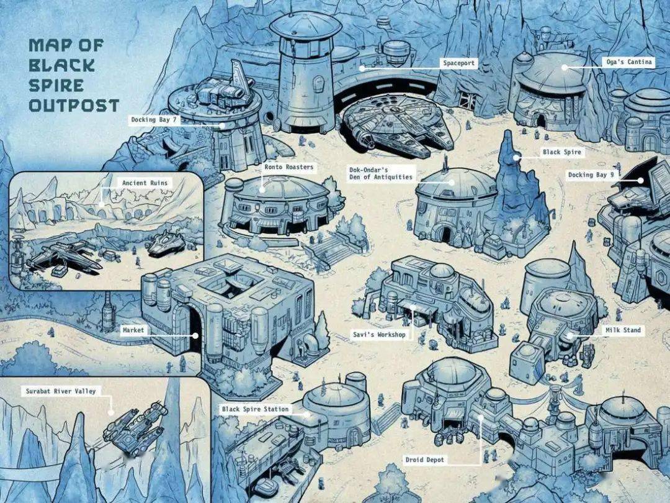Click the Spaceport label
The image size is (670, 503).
(x=458, y=63)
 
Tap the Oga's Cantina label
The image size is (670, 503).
(x=629, y=62)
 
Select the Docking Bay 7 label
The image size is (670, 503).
(x=153, y=120)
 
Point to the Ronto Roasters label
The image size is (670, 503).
(x=288, y=167)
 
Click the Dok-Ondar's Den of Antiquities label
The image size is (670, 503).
(x=381, y=173)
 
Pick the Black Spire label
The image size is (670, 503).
(x=562, y=152)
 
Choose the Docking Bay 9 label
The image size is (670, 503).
(x=591, y=174)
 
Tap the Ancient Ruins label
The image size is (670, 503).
(x=145, y=183)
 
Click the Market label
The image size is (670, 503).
(x=133, y=330)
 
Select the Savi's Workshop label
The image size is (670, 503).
(x=379, y=335)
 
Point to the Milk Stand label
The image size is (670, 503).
(x=623, y=330)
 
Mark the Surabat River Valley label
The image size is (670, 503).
(x=61, y=391)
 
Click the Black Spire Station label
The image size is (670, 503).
(x=255, y=409)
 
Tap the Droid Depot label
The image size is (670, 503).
(x=425, y=460)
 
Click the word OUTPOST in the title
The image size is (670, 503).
(x=74, y=105)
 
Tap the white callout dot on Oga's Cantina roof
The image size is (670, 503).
(x=565, y=67)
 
